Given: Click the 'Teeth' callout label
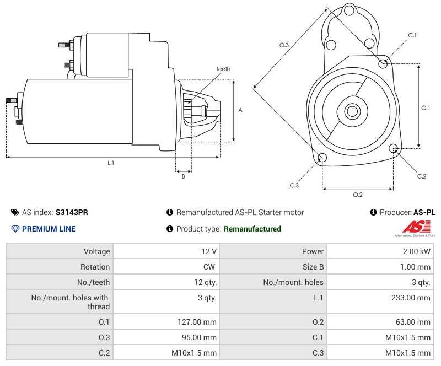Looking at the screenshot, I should coord(223,69).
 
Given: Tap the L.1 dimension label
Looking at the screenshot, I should coord(111,163).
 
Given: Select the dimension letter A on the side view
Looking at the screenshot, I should coord(240,110).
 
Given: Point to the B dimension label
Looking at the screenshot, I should coord(183,176).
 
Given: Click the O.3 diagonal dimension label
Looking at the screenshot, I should coord(284,45).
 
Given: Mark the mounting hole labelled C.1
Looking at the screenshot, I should coord(383,63).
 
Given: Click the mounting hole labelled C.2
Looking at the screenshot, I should coord(394,148).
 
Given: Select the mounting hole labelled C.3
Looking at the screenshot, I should coord(322,159).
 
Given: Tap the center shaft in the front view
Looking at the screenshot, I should coord(352,111).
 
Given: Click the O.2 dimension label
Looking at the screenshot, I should coord(357,195).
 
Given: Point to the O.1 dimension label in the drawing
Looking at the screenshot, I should coord(426,108).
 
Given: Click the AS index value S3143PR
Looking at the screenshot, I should coord(72,212).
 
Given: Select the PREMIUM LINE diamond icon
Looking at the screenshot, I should coord(15,229).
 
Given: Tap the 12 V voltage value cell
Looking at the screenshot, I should coord(166,251).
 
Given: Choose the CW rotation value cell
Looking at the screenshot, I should coord(166,267).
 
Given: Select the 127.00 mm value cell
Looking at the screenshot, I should coord(166,322).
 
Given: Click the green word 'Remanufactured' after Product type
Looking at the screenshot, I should coord(252,229).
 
